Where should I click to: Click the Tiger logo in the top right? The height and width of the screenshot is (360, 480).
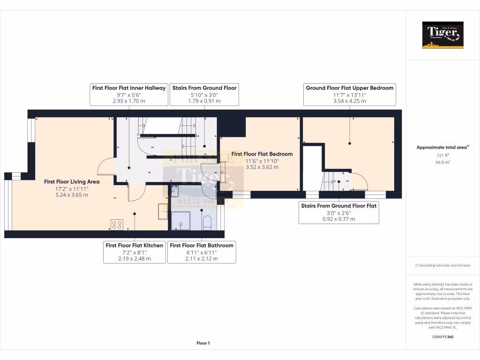click(442, 35)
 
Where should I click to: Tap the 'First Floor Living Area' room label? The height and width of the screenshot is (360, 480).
click(72, 181)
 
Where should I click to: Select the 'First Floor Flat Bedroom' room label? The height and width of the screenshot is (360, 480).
click(262, 154)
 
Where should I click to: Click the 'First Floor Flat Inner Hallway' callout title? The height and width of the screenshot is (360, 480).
click(129, 88)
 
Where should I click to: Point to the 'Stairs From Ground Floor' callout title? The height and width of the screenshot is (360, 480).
click(204, 88)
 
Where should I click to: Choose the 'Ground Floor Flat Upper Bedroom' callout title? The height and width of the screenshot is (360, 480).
click(350, 88)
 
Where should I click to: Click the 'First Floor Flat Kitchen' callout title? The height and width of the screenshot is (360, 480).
click(135, 245)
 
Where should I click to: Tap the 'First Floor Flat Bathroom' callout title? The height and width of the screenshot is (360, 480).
click(202, 245)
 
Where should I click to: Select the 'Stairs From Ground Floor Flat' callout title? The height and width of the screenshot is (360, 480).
click(338, 205)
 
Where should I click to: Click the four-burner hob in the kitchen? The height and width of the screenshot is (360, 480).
click(117, 225)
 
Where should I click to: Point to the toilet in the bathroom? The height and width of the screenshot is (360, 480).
click(207, 223)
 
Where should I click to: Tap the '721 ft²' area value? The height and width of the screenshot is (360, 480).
click(442, 155)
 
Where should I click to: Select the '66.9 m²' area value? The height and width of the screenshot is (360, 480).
click(442, 162)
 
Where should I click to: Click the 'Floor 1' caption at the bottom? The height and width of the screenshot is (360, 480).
click(203, 343)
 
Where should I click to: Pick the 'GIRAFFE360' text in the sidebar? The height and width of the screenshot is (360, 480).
click(442, 337)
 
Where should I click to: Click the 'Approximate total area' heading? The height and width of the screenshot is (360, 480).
click(442, 147)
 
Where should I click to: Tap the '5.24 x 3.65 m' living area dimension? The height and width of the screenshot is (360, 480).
click(72, 195)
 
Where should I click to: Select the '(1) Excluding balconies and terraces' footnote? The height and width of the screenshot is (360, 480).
click(442, 266)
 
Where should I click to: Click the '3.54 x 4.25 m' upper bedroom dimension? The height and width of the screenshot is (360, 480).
click(350, 101)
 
